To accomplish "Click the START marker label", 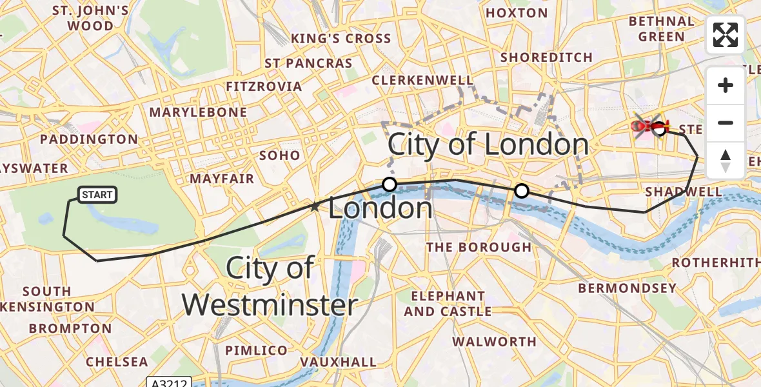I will tap(97, 195).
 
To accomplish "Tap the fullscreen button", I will tap(726, 35).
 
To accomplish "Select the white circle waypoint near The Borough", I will tap(521, 191).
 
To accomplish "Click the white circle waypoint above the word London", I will tap(389, 184).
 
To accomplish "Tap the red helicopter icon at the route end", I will tap(649, 126).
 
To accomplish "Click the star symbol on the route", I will tap(315, 207).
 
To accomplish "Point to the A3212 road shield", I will tap(169, 382).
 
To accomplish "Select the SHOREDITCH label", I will tap(546, 57).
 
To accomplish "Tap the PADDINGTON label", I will tap(89, 139).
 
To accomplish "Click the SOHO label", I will tap(279, 155).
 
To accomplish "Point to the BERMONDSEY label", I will tap(627, 288).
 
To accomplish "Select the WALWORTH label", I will tap(494, 341).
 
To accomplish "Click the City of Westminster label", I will tap(270, 286).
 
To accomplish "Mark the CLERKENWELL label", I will tap(422, 80).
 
